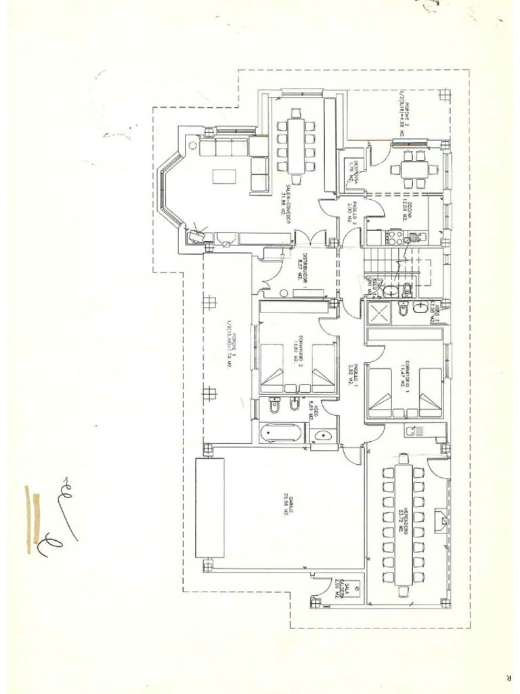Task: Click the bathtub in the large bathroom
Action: [280, 432]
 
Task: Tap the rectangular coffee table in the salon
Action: [225, 177]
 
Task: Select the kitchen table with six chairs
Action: [411, 169]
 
